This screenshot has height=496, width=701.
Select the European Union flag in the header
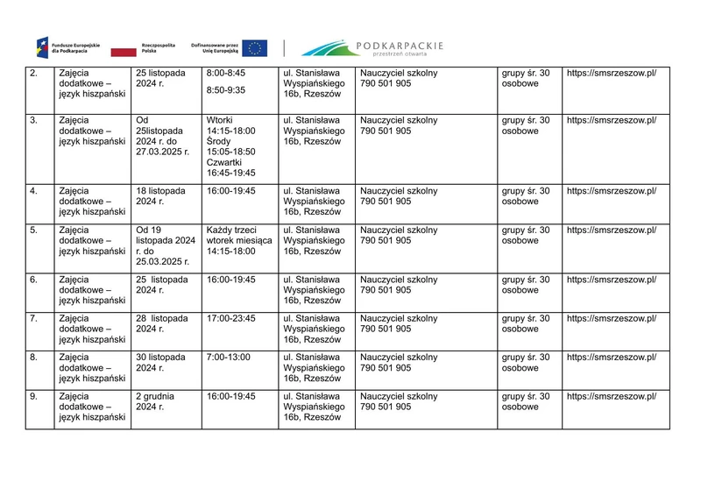[255, 47]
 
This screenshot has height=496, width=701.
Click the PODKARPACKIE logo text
[400, 46]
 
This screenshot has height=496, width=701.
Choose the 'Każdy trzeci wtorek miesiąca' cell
[238, 241]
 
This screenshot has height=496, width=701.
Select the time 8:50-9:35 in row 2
[226, 89]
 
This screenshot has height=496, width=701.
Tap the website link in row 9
[611, 396]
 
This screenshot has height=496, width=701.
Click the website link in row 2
[611, 73]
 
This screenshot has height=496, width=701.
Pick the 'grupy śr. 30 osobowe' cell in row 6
[526, 285]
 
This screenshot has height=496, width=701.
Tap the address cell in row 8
[315, 367]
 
